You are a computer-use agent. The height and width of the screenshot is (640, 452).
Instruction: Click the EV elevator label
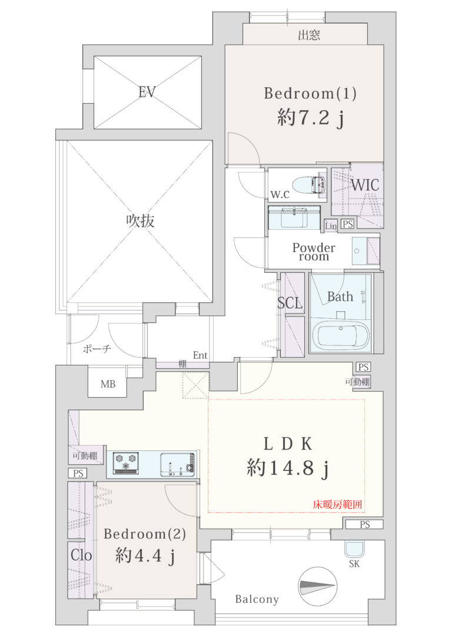[x=147, y=92]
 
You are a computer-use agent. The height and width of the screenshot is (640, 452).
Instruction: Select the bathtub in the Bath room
[x=341, y=335]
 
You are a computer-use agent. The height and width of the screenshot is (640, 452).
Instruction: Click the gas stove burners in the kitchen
[x=125, y=463]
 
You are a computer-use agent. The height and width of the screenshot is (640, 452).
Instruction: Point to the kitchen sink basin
[x=178, y=464]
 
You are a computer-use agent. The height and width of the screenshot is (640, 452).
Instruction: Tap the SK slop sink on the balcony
[x=354, y=549]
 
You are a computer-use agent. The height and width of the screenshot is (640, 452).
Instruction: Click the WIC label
[x=365, y=185]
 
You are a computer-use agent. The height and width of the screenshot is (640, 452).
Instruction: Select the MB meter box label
[x=108, y=384]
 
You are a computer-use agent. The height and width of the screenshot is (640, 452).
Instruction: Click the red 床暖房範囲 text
[x=337, y=504]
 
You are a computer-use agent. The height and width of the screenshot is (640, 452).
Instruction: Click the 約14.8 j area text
[x=287, y=468]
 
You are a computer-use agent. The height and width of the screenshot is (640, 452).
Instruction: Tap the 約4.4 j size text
[x=145, y=556]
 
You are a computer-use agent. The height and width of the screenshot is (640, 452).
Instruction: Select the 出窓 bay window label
[x=309, y=35]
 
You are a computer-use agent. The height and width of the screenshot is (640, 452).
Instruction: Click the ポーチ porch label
[x=97, y=348]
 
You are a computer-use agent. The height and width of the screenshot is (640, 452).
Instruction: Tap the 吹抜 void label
[x=140, y=221]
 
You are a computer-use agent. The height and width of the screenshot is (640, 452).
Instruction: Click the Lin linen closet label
[x=331, y=226]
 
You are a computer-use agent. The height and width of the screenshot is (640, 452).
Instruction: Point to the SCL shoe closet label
[x=290, y=303]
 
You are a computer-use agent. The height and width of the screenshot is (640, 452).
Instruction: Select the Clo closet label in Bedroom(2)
[x=81, y=555]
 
